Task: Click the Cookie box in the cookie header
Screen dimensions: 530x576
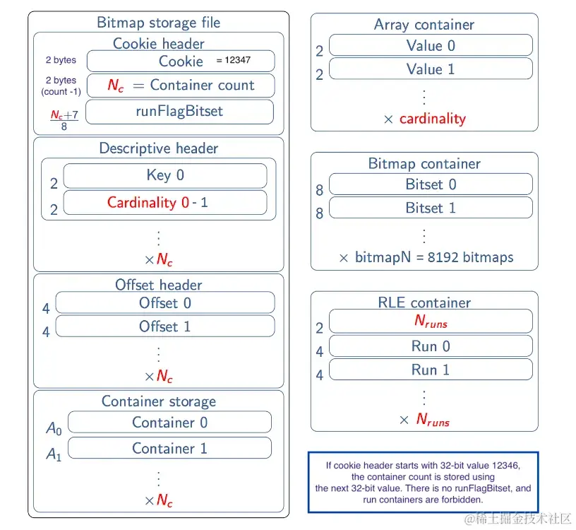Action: click(180, 61)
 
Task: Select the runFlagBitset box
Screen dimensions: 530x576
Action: click(179, 111)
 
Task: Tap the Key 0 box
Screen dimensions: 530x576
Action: click(165, 175)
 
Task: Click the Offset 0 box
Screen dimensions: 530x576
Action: click(165, 302)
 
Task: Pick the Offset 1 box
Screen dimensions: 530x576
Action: click(165, 326)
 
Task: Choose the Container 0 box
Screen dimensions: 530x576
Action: click(169, 423)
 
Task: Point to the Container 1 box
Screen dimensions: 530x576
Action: click(169, 448)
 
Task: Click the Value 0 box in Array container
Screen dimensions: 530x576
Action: click(431, 46)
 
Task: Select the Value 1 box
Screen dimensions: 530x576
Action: click(431, 69)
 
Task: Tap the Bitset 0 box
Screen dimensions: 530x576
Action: click(431, 184)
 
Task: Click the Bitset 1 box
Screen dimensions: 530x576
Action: click(431, 208)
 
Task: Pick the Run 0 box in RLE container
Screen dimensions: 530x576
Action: click(431, 346)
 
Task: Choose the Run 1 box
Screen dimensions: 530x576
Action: click(431, 370)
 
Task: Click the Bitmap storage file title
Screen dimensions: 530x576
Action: click(159, 23)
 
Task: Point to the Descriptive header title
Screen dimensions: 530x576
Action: click(159, 148)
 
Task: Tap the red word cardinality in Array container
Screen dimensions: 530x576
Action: click(433, 119)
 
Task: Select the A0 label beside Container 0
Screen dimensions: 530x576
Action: click(54, 428)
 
